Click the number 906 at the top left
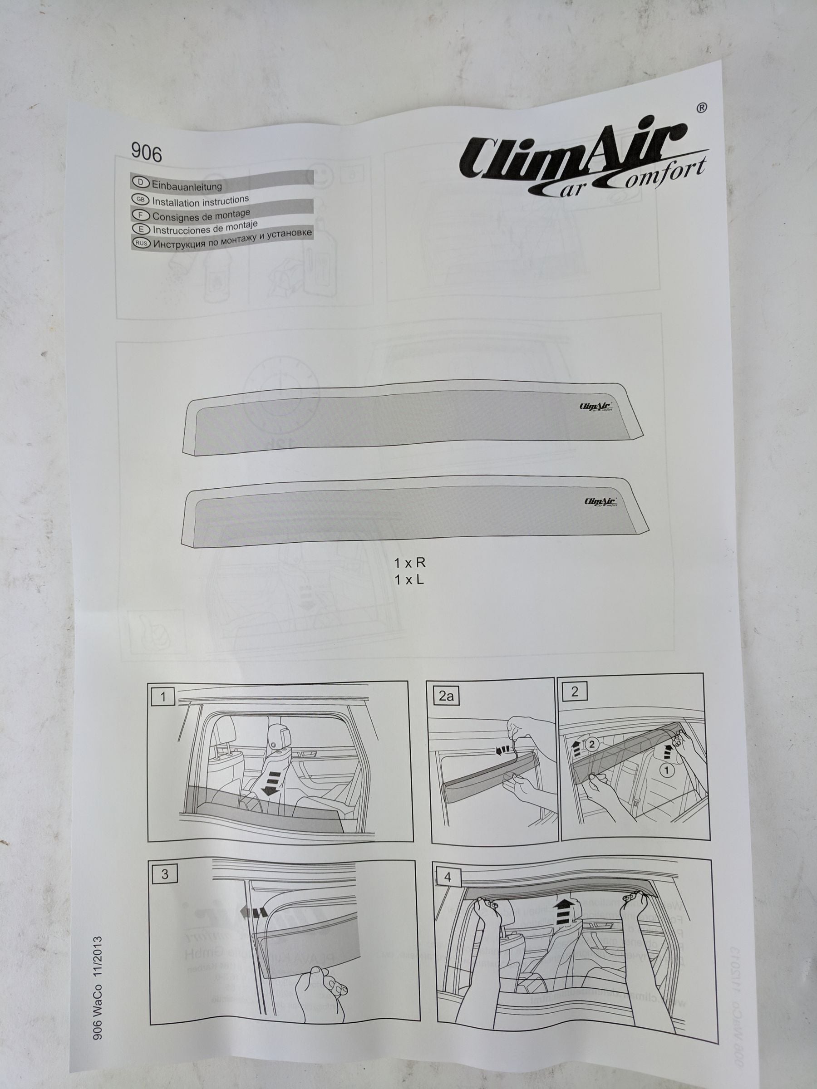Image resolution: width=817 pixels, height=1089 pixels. coord(146,153)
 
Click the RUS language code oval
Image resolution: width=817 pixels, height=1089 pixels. coord(142,243)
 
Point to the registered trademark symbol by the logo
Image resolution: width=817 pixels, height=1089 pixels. coord(702,108)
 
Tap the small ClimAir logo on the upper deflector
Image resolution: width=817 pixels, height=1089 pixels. coord(596,407)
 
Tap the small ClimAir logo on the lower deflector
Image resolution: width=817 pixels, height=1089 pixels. coord(600,502)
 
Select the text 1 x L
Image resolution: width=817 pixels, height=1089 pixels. coord(409,580)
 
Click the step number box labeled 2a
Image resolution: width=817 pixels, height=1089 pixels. coord(446,696)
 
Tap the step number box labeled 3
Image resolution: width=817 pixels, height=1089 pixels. coord(164,874)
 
